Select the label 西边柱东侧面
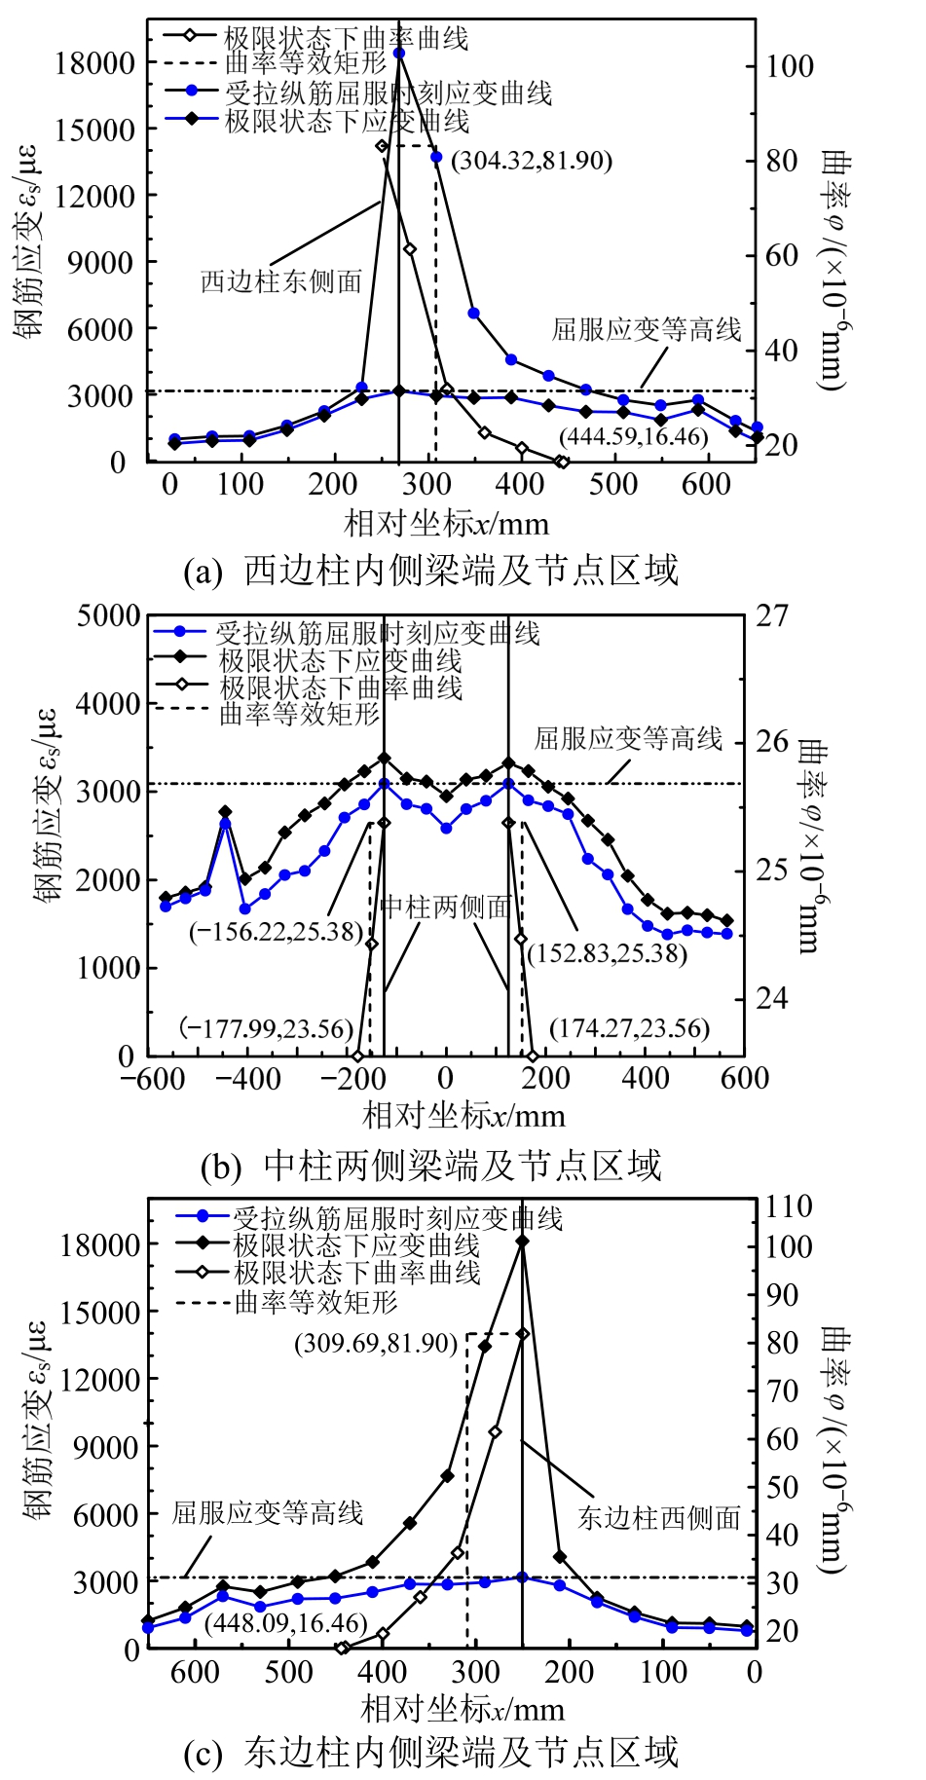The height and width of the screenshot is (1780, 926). pos(281,281)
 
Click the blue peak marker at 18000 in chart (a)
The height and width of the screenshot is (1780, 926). pos(399,53)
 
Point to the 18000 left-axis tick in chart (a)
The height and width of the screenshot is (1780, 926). pos(94,63)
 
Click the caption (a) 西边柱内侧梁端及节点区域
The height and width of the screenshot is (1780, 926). pos(430,570)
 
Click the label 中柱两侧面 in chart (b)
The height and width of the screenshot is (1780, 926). pos(446,908)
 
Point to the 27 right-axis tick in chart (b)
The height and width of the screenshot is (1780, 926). pos(771,616)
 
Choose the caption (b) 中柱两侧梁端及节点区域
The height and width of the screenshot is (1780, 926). pos(430,1165)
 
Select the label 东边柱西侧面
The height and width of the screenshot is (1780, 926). pos(659,1517)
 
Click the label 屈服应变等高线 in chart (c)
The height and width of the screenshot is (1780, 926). pos(268,1512)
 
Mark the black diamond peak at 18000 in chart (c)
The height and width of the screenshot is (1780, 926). pos(523,1242)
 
